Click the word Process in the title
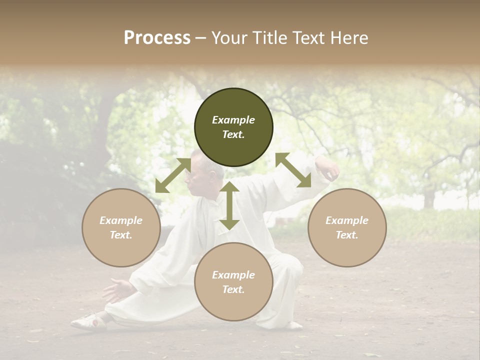point(157,38)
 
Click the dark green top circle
point(233,127)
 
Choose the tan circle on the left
point(121,227)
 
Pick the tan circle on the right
point(347,227)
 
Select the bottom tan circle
point(233,281)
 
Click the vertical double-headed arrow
point(229,205)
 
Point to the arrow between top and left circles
point(173,175)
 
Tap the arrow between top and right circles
point(293,170)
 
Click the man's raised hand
point(328,170)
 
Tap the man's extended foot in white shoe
point(89,321)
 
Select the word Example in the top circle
point(233,120)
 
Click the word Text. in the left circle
point(121,235)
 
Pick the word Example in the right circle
point(347,220)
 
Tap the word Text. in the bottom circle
point(233,289)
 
